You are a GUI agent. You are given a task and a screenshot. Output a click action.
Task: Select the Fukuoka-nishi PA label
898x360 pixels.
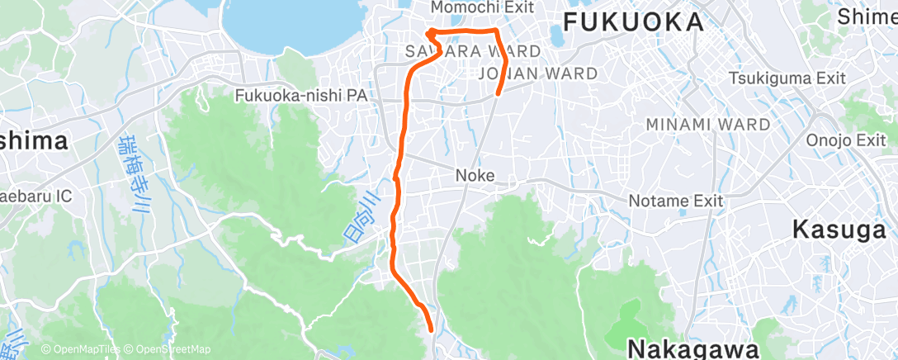coord(300,96)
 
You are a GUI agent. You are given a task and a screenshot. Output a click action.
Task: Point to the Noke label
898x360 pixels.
coord(475,176)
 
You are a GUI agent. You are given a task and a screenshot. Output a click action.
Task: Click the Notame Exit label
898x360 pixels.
coord(675,201)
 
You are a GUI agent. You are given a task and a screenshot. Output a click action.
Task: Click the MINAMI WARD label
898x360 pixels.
coord(707,125)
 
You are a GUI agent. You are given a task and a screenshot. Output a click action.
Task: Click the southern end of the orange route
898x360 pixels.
coord(432,328)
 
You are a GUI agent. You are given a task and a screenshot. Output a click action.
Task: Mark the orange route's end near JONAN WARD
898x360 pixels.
coord(498,93)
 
